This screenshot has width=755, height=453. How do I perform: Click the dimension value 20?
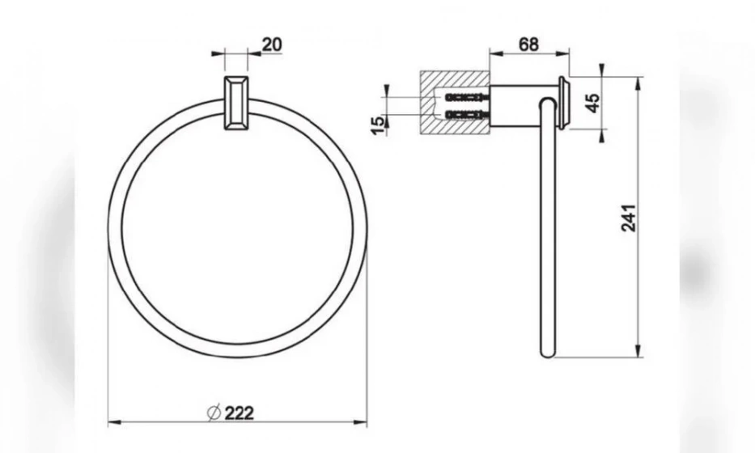pyautogui.click(x=272, y=44)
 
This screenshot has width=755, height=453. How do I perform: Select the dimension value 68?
pyautogui.click(x=528, y=44)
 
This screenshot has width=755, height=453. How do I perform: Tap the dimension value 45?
pyautogui.click(x=593, y=103)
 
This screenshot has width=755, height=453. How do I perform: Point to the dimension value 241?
pyautogui.click(x=629, y=218)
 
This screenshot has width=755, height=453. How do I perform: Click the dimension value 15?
pyautogui.click(x=379, y=125)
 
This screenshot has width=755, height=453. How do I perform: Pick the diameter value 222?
pyautogui.click(x=240, y=413)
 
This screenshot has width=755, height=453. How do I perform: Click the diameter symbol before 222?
pyautogui.click(x=214, y=413)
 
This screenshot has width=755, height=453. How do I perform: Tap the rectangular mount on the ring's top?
pyautogui.click(x=236, y=103)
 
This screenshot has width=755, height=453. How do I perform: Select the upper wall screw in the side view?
pyautogui.click(x=467, y=97)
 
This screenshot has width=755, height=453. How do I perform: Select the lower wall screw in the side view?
pyautogui.click(x=467, y=115)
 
